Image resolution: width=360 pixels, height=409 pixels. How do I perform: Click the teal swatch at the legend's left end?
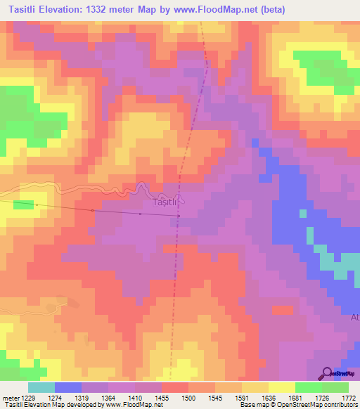(41, 388)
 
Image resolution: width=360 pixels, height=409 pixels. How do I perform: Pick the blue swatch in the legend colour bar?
(67, 388)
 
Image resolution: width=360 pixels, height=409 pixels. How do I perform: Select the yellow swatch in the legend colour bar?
(281, 388)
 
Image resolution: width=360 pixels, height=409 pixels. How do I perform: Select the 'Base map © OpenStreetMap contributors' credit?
(297, 405)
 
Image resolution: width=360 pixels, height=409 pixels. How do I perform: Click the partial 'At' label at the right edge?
(354, 317)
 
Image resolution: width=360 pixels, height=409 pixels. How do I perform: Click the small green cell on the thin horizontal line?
(23, 205)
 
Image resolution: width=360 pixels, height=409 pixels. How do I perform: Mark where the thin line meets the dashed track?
(178, 216)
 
